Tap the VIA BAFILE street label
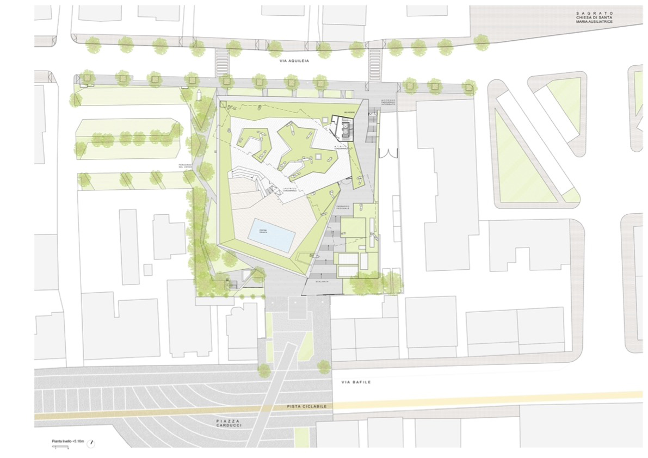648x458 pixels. tap(356, 382)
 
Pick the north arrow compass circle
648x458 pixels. tap(92, 441)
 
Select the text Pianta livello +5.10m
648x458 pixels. tap(68, 441)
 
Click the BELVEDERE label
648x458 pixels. tap(349, 113)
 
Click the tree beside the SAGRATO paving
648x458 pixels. tap(481, 40)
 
